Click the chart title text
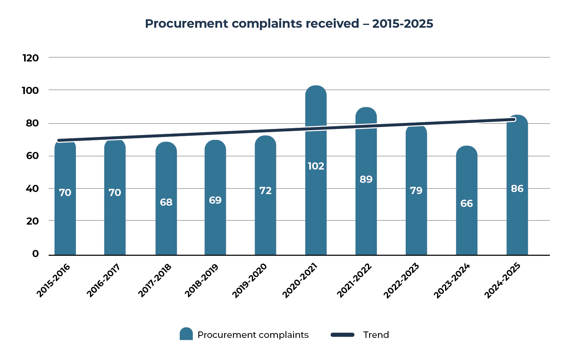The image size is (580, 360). coord(289,24)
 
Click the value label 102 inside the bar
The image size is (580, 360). coord(316,166)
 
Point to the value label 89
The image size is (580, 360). coord(366,179)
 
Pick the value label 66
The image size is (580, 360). coord(466,203)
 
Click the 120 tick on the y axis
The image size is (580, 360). coord(31,58)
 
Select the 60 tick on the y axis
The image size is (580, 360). coord(32,156)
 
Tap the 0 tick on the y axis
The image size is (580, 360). coord(36,254)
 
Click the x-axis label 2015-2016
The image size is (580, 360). coord(53,280)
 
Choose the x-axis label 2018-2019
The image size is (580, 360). coord(201,280)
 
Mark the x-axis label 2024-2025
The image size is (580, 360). coord(502,280)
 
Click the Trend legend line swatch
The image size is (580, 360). coord(342,335)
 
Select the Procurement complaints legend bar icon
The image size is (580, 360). coord(186,334)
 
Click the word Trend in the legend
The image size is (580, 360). coord(376,335)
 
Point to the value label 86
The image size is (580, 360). coord(517,188)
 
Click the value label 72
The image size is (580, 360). coord(265,190)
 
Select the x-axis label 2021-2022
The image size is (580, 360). coord(354,280)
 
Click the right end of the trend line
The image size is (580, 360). coord(514,119)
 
